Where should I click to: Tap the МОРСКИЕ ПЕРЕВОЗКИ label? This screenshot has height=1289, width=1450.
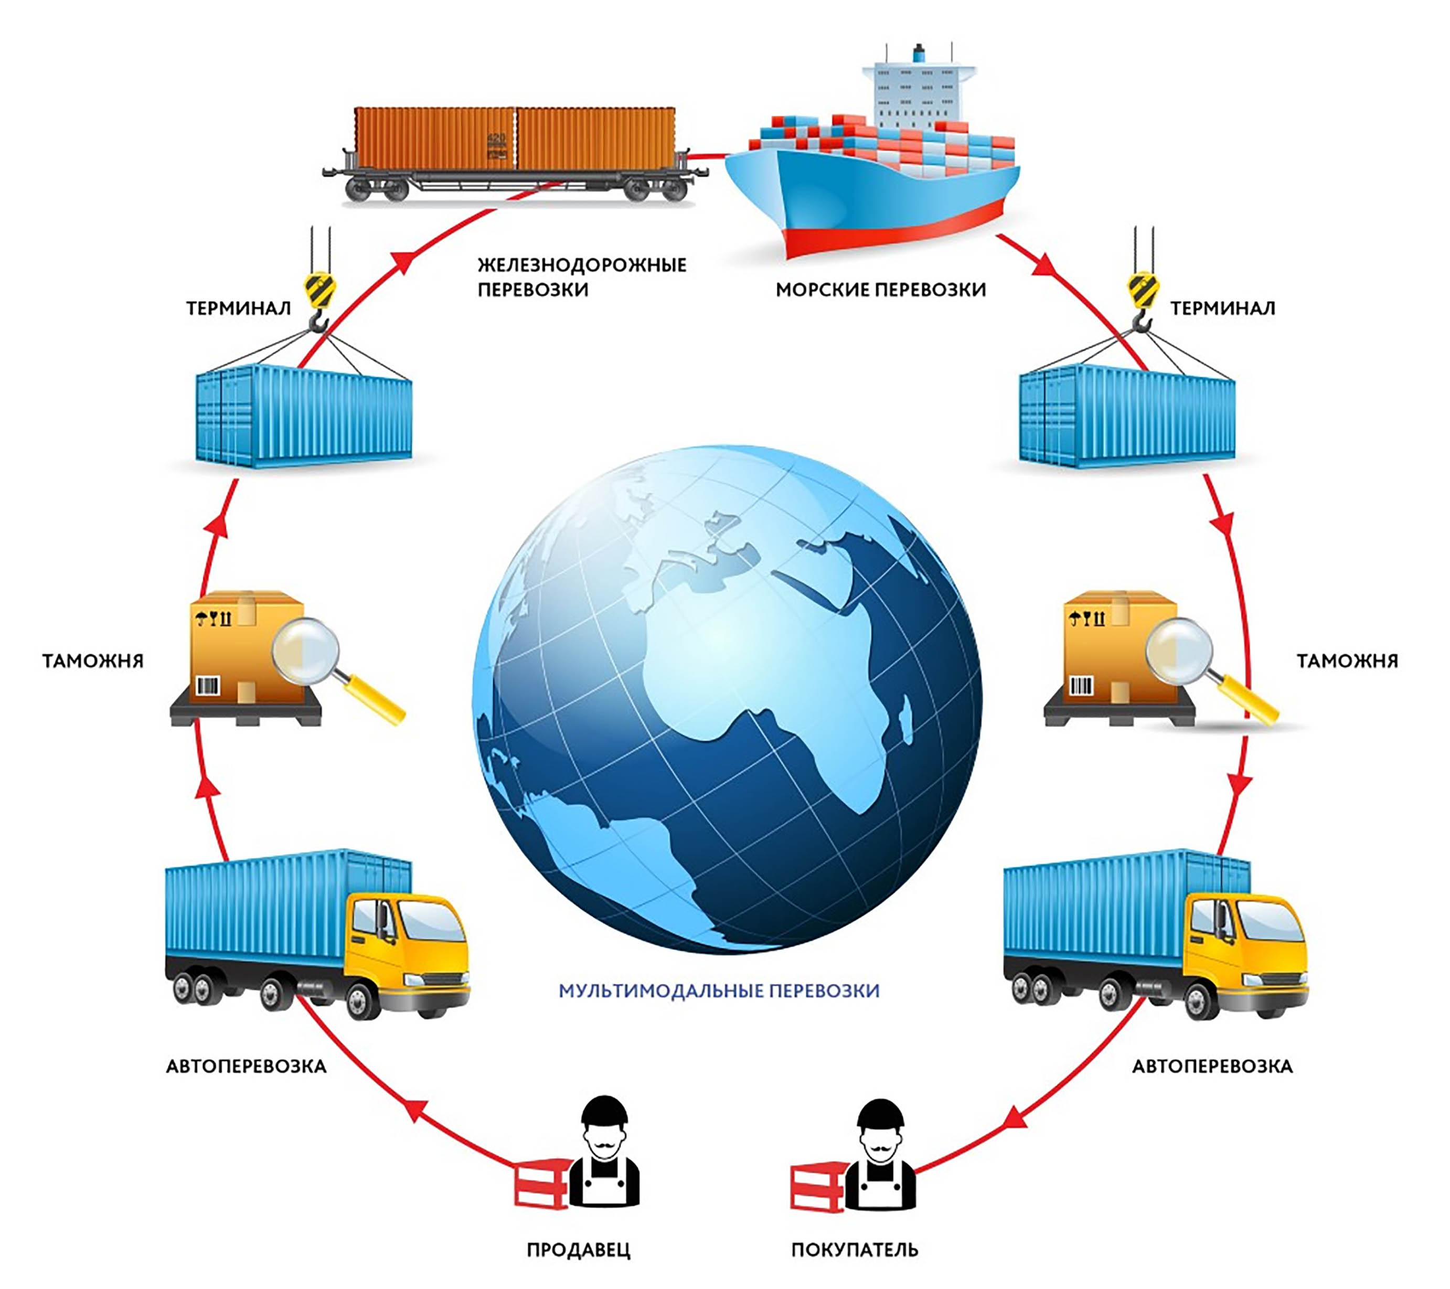point(880,290)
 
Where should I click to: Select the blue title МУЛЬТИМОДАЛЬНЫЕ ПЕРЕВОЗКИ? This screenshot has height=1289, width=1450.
point(719,990)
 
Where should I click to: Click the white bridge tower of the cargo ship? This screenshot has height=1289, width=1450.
point(919,92)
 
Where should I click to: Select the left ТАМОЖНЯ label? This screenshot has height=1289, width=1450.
point(93,661)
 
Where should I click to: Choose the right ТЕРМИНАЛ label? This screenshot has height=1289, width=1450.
point(1222,308)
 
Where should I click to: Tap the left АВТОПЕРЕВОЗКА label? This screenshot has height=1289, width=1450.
point(246,1066)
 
